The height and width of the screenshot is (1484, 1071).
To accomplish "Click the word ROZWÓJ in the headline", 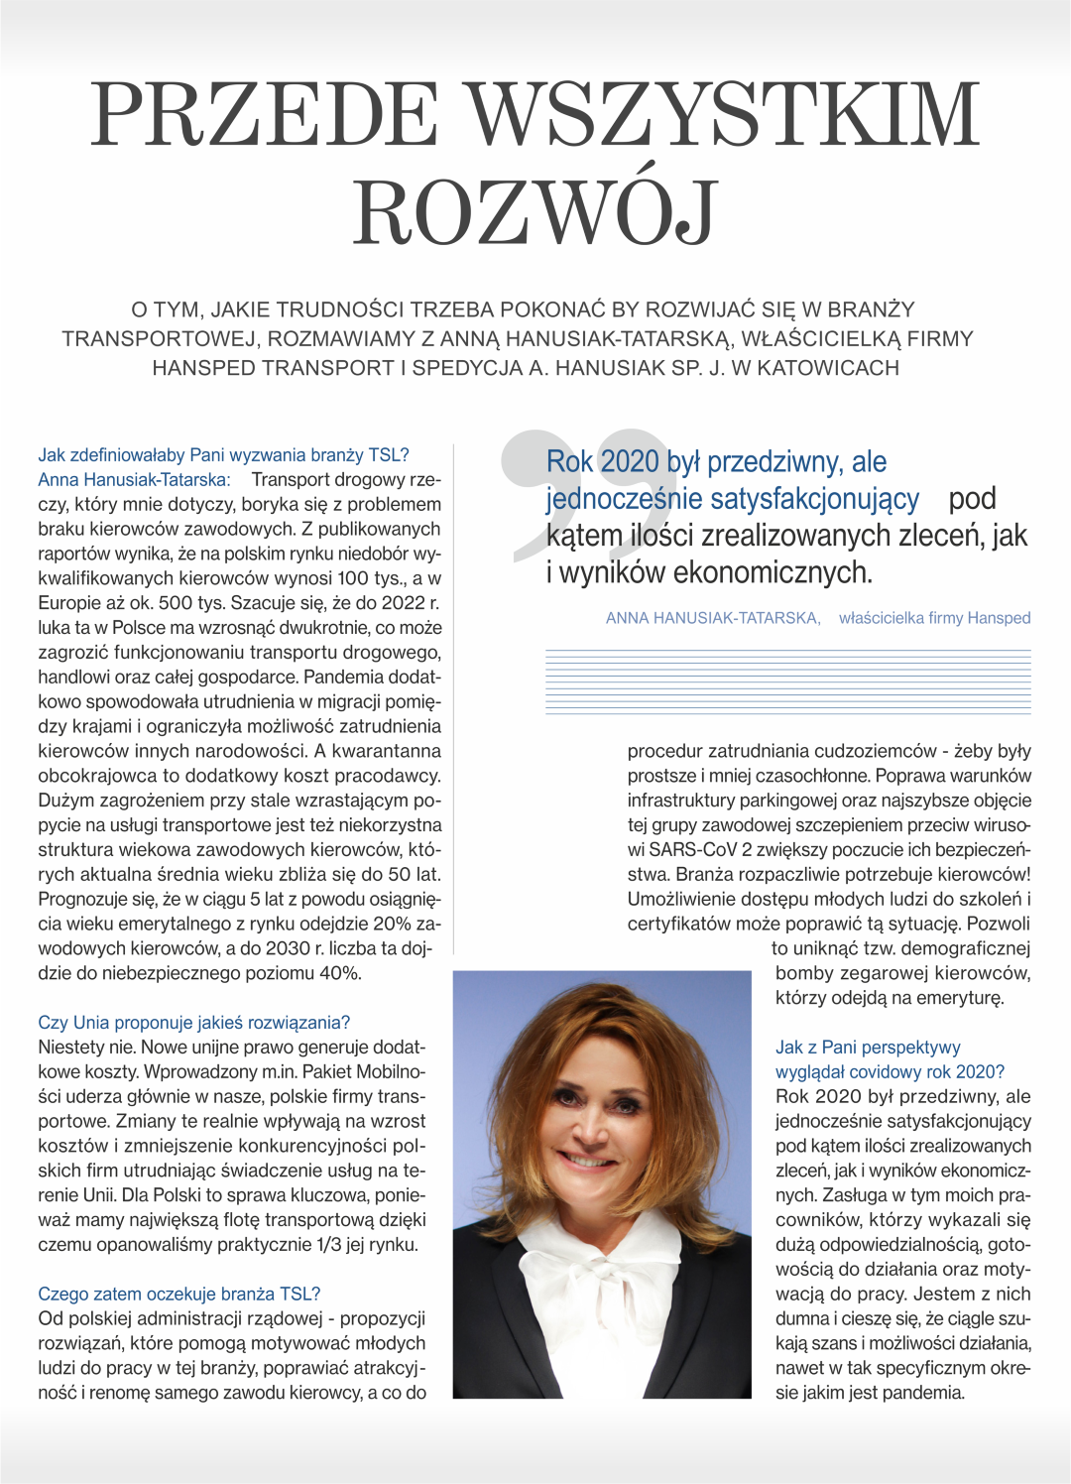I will tap(535, 211).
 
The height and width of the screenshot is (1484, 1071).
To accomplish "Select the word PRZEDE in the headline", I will tap(266, 114).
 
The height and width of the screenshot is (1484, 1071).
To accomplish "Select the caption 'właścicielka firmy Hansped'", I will tap(934, 618).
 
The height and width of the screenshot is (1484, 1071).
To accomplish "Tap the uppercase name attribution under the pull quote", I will tap(712, 618).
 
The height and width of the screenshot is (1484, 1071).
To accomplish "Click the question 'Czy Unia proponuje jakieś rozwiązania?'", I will tap(193, 1023).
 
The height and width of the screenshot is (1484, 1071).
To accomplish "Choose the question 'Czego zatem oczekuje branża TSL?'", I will tap(178, 1294).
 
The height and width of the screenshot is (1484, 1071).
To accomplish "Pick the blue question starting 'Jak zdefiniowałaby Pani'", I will tap(223, 455).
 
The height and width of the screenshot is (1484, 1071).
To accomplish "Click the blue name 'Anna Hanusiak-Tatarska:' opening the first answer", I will tap(134, 480).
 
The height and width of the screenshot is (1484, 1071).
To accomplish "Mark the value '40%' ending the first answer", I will tap(340, 973).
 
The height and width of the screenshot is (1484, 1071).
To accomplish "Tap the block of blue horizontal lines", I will tap(787, 682).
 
